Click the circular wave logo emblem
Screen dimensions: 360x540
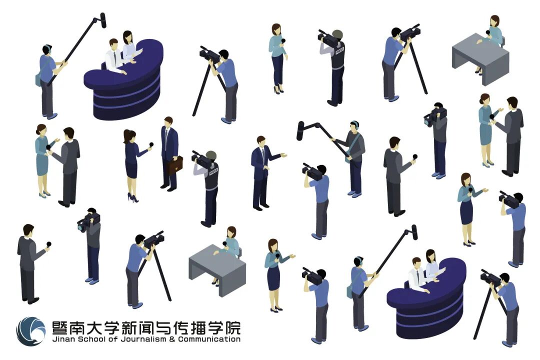click(31, 331)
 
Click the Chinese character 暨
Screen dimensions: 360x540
click(60, 327)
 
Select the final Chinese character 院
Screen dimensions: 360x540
click(232, 327)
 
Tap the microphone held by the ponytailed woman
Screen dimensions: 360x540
click(150, 145)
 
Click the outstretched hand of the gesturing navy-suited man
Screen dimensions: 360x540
click(284, 155)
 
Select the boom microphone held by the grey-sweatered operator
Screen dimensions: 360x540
click(300, 131)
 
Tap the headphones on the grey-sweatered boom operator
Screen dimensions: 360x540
click(354, 124)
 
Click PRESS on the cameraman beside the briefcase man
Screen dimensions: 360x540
click(213, 171)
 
